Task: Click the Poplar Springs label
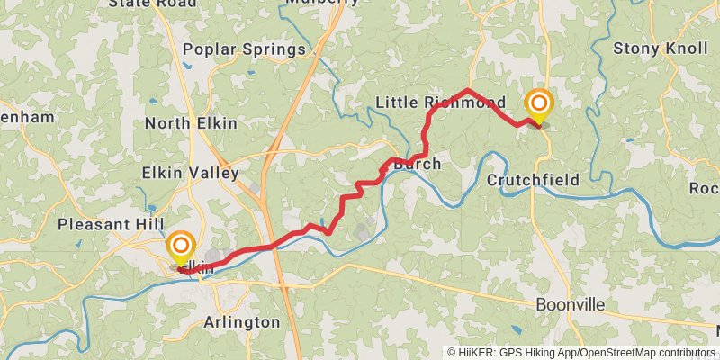[x=244, y=49]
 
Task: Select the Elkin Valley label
[x=191, y=173]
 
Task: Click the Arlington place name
[x=242, y=321]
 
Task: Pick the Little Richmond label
[x=440, y=102]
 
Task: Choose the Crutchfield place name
[x=533, y=180]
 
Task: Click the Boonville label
[x=571, y=305]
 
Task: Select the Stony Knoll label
[x=661, y=48]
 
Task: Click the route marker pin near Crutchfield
[x=538, y=106]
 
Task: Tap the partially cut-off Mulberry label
[x=322, y=3]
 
